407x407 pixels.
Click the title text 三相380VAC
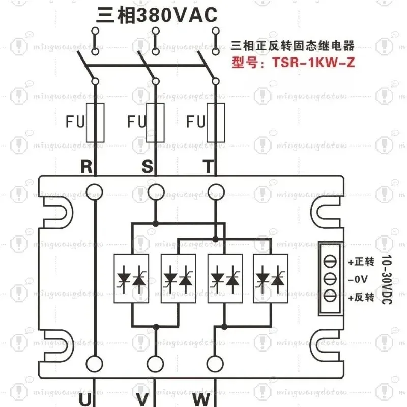tap(157, 15)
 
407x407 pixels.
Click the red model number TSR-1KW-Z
tap(313, 63)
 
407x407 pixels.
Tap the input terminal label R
tap(86, 166)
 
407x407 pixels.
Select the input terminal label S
tap(147, 166)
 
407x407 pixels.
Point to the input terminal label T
tap(208, 166)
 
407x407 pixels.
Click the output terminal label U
tap(85, 400)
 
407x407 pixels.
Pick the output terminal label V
tap(142, 400)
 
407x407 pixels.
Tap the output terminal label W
tap(201, 400)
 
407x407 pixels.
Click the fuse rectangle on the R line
tap(95, 123)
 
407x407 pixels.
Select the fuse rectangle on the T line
tap(216, 123)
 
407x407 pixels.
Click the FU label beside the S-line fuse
tap(136, 122)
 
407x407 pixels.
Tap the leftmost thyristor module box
tap(131, 278)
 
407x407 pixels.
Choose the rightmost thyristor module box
tap(271, 278)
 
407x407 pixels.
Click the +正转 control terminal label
tap(361, 261)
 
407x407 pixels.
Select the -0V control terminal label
tap(358, 279)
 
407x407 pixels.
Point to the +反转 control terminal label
tap(361, 297)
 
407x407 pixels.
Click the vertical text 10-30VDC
tap(387, 279)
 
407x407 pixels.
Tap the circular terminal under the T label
tap(216, 192)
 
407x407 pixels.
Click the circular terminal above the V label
tap(155, 364)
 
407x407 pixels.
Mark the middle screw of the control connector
tap(330, 279)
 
